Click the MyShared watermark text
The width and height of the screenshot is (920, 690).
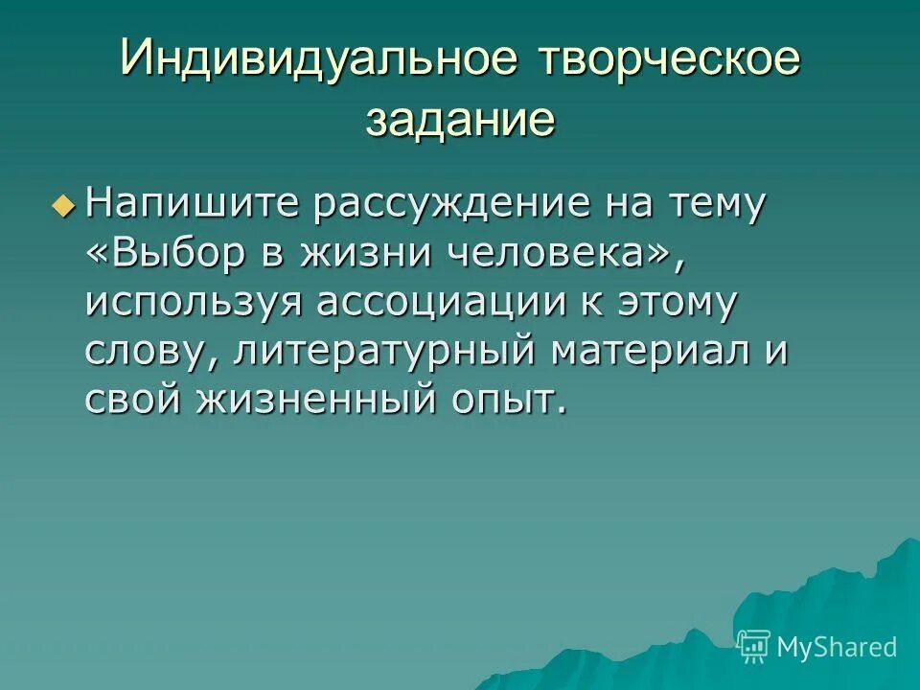[x=836, y=647]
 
